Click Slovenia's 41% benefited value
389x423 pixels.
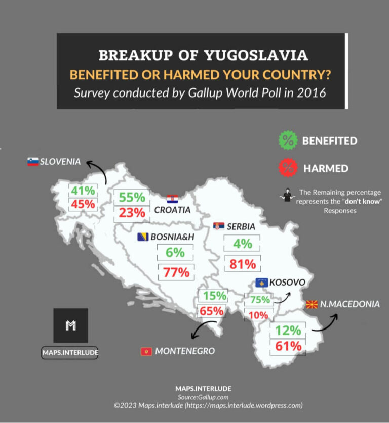coord(83,191)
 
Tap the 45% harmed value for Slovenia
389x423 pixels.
coord(83,204)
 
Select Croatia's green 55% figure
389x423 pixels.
coord(132,198)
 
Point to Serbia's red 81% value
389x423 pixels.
coord(242,264)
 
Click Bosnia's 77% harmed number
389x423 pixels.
coord(176,272)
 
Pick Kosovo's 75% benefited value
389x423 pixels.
coord(260,300)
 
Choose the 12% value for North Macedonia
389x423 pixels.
coord(288,331)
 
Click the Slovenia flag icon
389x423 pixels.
coord(33,162)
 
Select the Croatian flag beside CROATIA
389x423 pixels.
coord(172,199)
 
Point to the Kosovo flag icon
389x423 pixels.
coord(262,283)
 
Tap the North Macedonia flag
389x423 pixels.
coord(312,304)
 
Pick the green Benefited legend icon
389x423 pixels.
coord(288,141)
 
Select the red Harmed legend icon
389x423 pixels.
coord(288,168)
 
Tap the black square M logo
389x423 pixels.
coord(70,325)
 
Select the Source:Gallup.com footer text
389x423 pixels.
coord(203,397)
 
